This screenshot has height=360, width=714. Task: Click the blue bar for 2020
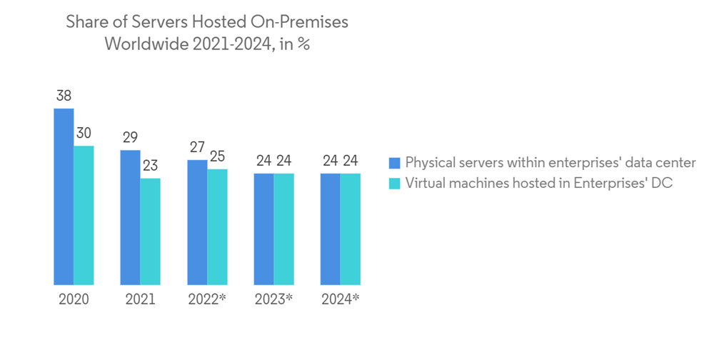pyautogui.click(x=64, y=196)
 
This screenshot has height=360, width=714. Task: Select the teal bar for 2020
pyautogui.click(x=84, y=215)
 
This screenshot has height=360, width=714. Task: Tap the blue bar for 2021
pyautogui.click(x=130, y=217)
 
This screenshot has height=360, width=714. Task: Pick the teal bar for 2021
pyautogui.click(x=150, y=231)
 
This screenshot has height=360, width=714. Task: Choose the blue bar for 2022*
pyautogui.click(x=197, y=222)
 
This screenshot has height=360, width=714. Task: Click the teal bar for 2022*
pyautogui.click(x=217, y=227)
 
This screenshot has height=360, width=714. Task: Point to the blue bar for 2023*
pyautogui.click(x=263, y=229)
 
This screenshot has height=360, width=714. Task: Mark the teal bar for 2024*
pyautogui.click(x=350, y=229)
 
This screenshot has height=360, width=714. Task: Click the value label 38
pyautogui.click(x=64, y=96)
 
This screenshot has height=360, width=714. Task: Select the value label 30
pyautogui.click(x=84, y=134)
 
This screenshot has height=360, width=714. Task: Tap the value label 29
pyautogui.click(x=130, y=138)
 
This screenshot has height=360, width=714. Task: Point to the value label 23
pyautogui.click(x=150, y=166)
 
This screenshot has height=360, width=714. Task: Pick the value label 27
pyautogui.click(x=197, y=148)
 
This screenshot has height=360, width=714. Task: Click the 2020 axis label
pyautogui.click(x=74, y=299)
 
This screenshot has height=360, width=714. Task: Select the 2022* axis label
pyautogui.click(x=207, y=299)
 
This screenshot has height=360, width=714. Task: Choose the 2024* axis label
pyautogui.click(x=340, y=299)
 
